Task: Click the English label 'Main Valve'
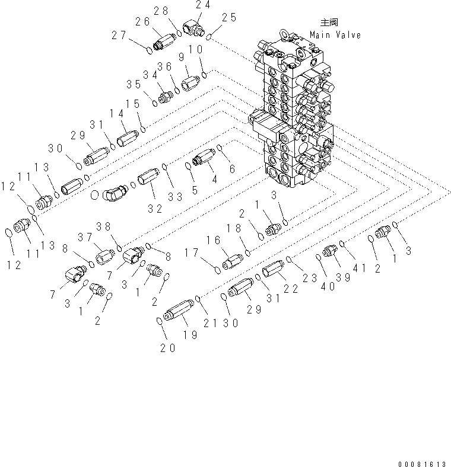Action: [x=334, y=35]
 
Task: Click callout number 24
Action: [x=204, y=4]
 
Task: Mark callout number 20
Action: [x=167, y=348]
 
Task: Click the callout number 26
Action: [x=142, y=22]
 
